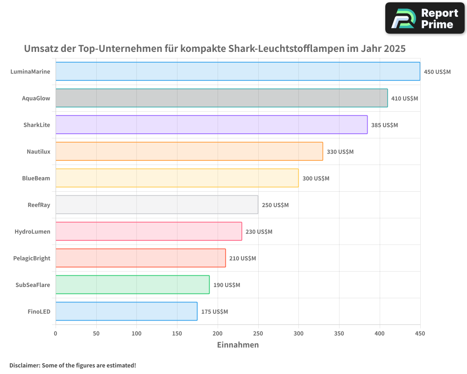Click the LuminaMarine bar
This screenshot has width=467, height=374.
(238, 72)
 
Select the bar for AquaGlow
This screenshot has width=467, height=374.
(221, 98)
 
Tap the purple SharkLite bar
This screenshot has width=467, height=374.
(212, 125)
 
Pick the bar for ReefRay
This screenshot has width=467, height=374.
(156, 205)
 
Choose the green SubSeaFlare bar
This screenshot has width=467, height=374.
(132, 285)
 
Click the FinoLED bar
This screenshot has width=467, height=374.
(126, 311)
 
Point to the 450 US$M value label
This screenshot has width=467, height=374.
(437, 72)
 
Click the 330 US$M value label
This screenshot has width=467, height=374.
(340, 152)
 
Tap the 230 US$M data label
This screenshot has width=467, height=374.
(259, 232)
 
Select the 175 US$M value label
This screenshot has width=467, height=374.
(214, 312)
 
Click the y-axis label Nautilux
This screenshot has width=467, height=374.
(38, 151)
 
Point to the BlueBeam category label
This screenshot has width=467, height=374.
(36, 178)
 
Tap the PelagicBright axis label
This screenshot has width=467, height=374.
(32, 258)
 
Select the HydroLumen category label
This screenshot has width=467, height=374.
(32, 231)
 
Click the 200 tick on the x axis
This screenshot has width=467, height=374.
(218, 333)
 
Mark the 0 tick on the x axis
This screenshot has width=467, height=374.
(56, 333)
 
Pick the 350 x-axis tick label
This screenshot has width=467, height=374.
(339, 333)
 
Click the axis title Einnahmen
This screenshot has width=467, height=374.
(238, 345)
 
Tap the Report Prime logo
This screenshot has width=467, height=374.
(425, 18)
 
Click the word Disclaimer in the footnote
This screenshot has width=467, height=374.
(24, 365)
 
